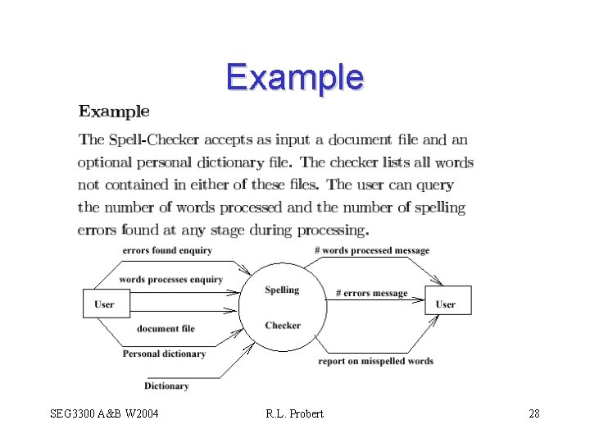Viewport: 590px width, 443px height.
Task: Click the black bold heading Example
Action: point(114,112)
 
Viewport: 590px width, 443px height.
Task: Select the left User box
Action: point(106,304)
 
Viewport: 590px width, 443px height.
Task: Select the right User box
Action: point(447,304)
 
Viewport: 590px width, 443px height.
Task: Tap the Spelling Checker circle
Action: point(282,308)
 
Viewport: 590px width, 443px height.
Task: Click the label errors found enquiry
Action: point(167,250)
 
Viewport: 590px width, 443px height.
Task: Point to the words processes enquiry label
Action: point(170,280)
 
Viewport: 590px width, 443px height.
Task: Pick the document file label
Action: point(166,328)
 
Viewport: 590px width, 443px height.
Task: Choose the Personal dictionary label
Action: point(164,354)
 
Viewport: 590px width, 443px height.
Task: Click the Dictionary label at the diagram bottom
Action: point(166,386)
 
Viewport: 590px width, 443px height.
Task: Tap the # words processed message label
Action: point(372,250)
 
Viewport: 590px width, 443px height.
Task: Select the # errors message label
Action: point(372,293)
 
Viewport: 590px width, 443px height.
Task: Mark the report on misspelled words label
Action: point(375,361)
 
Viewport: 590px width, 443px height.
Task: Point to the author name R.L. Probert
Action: point(294,413)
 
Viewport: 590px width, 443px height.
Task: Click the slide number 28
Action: point(533,413)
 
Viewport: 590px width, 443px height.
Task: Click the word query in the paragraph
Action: point(435,185)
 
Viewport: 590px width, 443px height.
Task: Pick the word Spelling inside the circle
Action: point(282,290)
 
